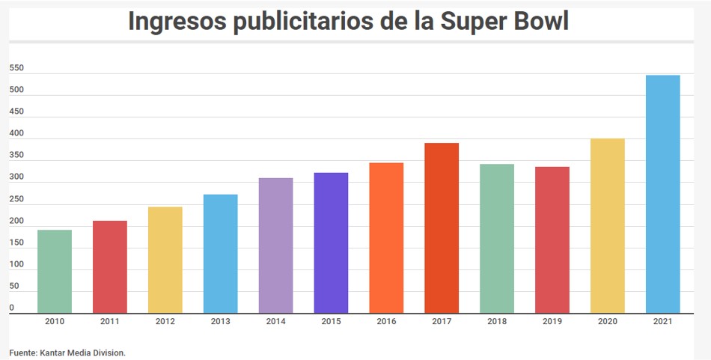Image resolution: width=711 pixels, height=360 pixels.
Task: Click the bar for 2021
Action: [x=662, y=194]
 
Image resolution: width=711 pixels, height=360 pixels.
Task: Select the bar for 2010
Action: [x=55, y=271]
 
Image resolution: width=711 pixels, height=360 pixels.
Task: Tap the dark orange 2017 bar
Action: [x=442, y=228]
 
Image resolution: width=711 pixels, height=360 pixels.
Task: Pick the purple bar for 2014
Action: [x=275, y=245]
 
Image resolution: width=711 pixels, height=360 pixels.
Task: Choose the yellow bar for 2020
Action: [x=607, y=225]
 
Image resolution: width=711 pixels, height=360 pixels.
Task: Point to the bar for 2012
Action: [x=165, y=260]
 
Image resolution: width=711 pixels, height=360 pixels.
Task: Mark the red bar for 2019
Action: [x=552, y=240]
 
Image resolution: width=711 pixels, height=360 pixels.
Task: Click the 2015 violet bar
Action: [x=331, y=242]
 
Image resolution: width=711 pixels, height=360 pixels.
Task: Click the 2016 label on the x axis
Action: [x=386, y=322]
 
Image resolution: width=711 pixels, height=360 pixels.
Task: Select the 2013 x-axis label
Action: [x=220, y=322]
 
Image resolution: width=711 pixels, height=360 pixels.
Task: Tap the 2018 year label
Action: [x=497, y=322]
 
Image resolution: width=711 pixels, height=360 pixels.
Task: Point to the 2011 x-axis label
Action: [x=110, y=322]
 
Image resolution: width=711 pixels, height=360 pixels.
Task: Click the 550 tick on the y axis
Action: [x=16, y=68]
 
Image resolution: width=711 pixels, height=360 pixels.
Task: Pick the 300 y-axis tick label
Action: [x=16, y=177]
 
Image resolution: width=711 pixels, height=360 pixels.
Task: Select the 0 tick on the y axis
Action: [x=12, y=308]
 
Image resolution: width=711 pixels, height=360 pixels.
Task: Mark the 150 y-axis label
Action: [x=16, y=243]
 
